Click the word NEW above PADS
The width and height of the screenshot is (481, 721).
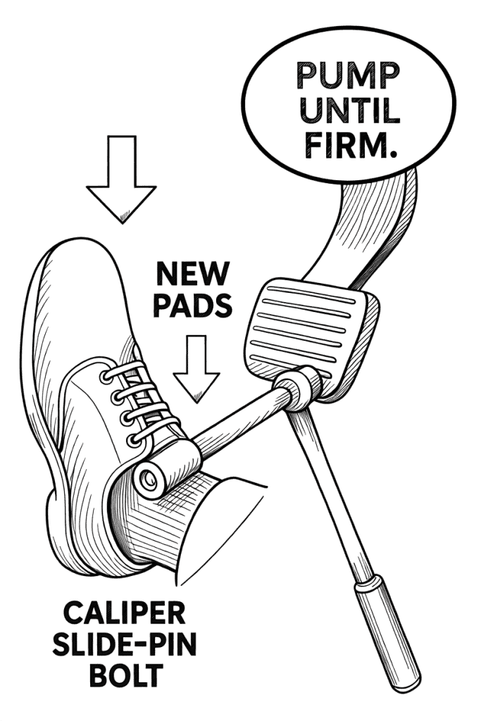pos(192,272)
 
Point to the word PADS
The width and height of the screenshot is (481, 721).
pos(192,306)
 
